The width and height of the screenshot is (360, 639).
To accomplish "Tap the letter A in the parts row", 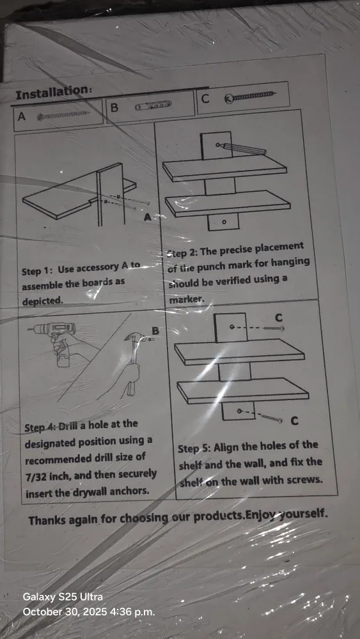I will coord(22,117).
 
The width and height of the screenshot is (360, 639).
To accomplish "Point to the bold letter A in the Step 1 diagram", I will coord(148,217).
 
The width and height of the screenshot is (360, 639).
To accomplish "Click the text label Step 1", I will coord(37,270).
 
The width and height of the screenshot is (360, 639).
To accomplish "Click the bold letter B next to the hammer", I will coord(154,330).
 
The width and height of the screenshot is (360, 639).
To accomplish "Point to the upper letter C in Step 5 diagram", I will coord(279,318).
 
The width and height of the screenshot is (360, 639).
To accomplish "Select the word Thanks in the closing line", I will coord(48,520).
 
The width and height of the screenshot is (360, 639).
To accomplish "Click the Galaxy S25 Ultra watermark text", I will coord(62,597).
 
